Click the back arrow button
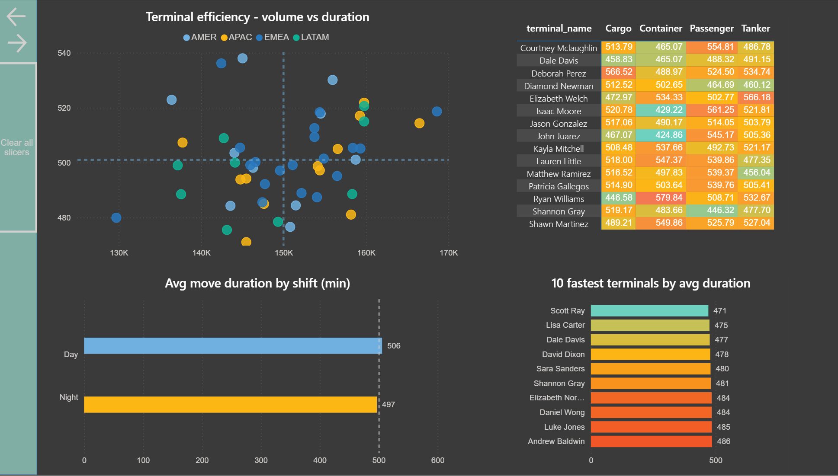[x=16, y=17]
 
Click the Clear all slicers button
[x=17, y=147]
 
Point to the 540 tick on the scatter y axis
[x=64, y=53]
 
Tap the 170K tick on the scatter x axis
[x=448, y=253]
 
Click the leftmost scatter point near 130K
[x=116, y=217]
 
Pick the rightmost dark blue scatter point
[x=437, y=112]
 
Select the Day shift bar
[x=232, y=346]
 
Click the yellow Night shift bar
[x=230, y=405]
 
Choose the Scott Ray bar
[x=649, y=311]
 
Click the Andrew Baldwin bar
[x=651, y=441]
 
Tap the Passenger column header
[x=711, y=29]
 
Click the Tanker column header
[x=755, y=29]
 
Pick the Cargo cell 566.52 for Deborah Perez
[x=618, y=72]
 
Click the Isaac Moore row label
[x=559, y=112]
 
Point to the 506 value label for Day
[x=394, y=346]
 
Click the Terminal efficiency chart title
[x=257, y=17]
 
